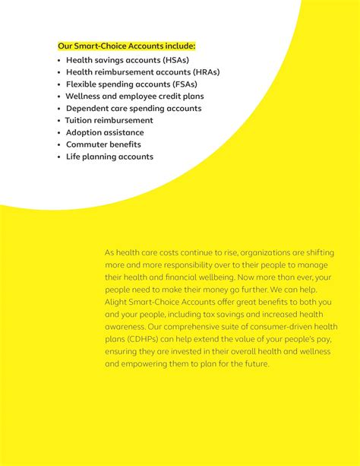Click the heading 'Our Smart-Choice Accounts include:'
[126, 46]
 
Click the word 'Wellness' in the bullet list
[84, 96]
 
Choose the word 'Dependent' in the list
[88, 108]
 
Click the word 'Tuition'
[81, 120]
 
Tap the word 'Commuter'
[87, 144]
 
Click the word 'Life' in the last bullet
[74, 157]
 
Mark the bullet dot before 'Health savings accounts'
[58, 59]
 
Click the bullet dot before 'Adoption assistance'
[58, 132]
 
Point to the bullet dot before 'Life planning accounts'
[58, 157]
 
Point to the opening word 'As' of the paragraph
[109, 252]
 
